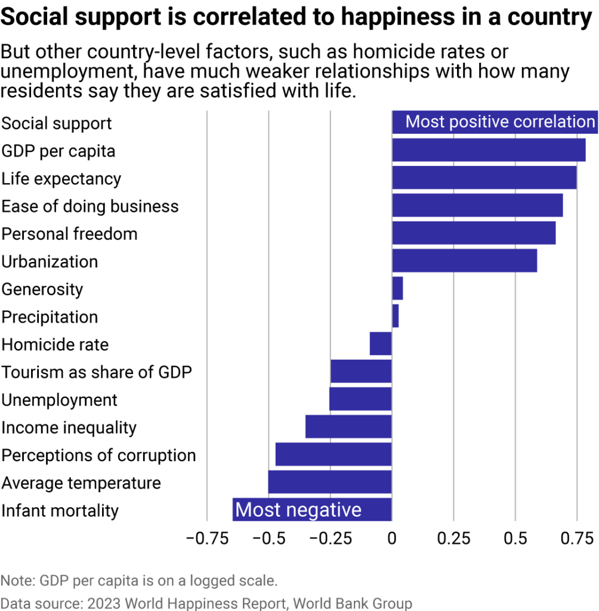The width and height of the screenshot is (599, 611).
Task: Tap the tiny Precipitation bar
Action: (x=395, y=316)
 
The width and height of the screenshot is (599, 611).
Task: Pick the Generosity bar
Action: (x=397, y=289)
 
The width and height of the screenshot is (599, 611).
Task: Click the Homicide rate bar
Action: (x=381, y=344)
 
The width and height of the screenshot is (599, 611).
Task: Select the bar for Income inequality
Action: (x=348, y=427)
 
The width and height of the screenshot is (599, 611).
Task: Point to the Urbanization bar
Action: (x=464, y=261)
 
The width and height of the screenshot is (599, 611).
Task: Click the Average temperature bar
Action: (x=330, y=482)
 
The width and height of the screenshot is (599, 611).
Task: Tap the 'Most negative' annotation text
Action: (x=298, y=510)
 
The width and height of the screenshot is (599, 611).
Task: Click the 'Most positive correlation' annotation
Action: (x=500, y=122)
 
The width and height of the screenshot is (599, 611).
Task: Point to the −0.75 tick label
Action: (x=206, y=538)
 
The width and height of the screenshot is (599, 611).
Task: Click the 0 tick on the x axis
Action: (x=392, y=538)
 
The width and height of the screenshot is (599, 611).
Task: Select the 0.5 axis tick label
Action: (x=515, y=538)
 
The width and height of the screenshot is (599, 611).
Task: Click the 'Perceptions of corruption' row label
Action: (x=98, y=455)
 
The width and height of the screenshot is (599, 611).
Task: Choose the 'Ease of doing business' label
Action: (x=90, y=206)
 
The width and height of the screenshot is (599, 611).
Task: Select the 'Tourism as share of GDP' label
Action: (x=97, y=372)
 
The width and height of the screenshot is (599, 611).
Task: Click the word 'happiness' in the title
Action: (x=385, y=18)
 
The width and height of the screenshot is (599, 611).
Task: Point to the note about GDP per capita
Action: (x=139, y=580)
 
